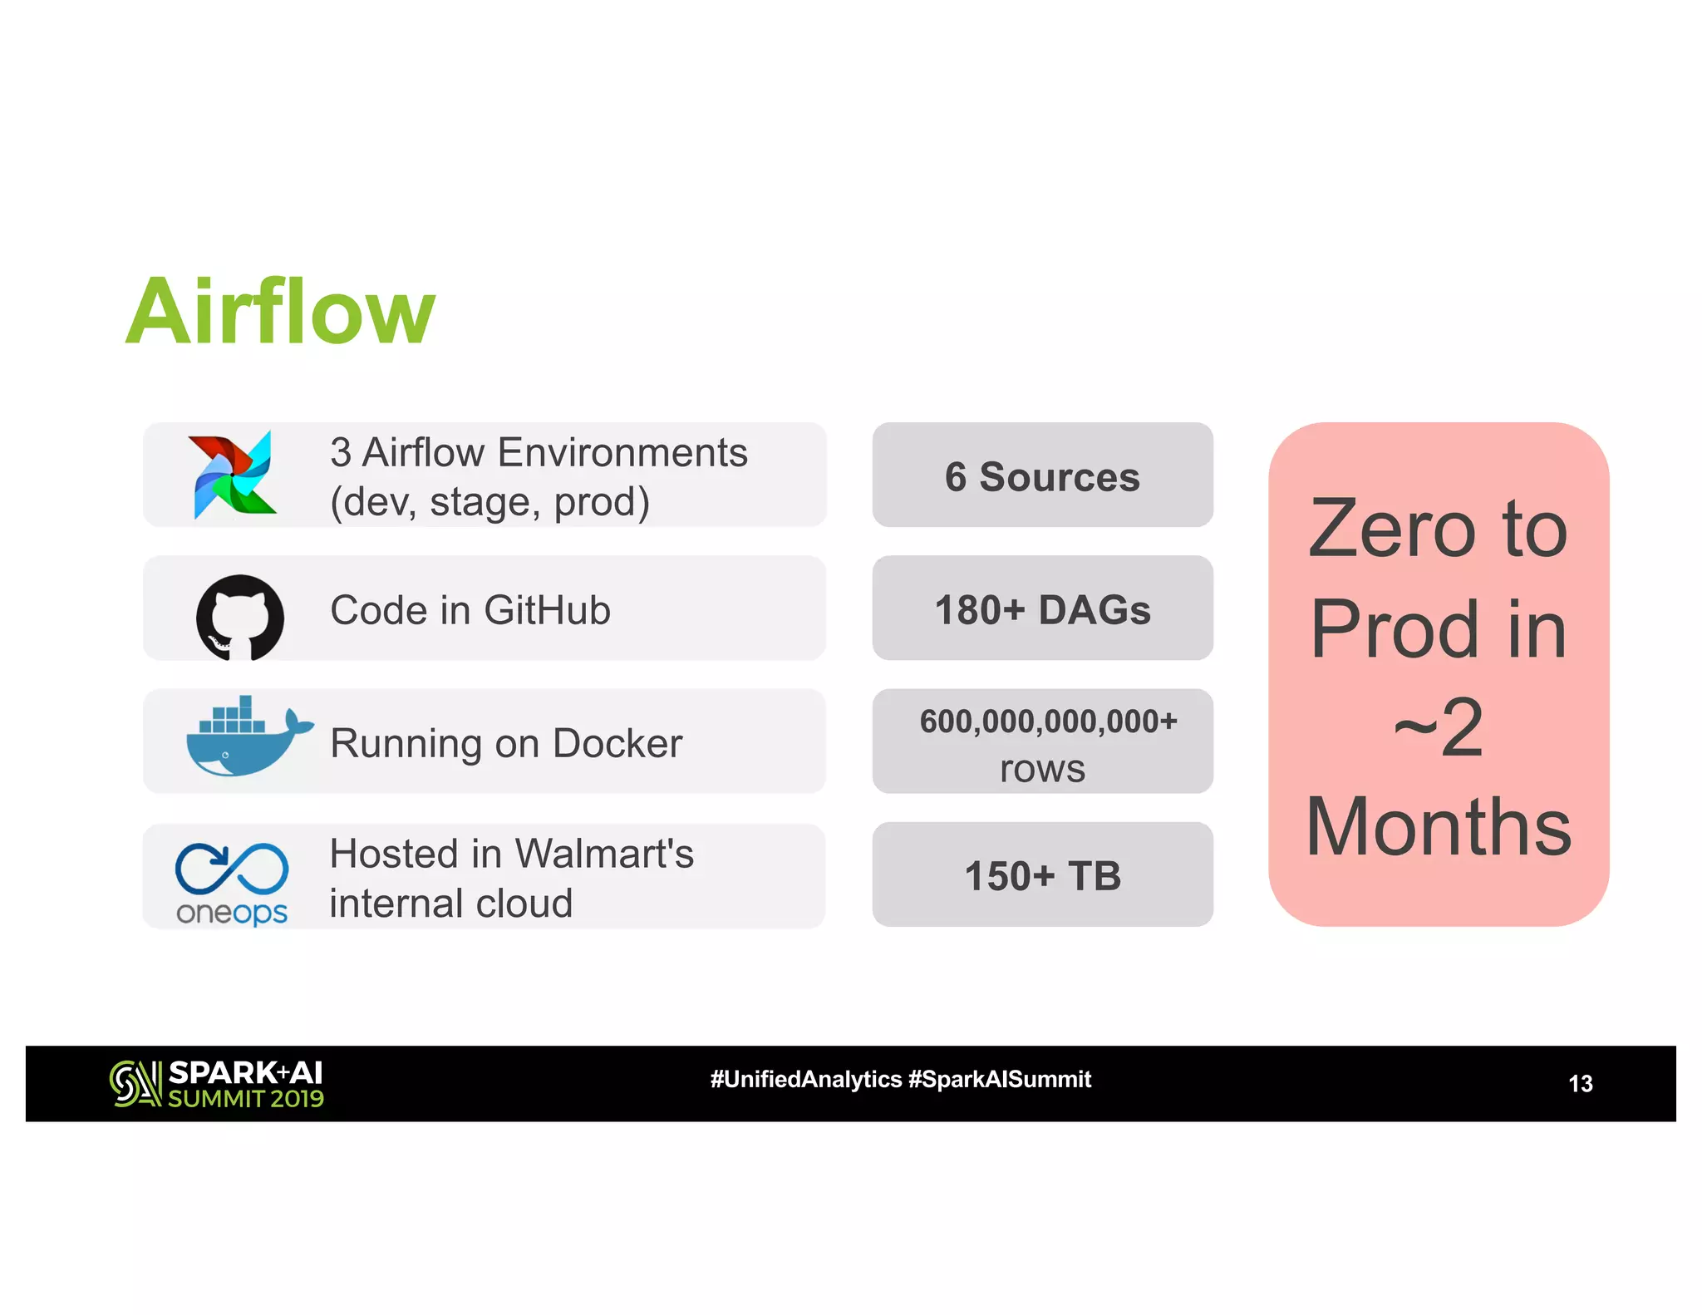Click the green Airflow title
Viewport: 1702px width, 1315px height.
point(280,312)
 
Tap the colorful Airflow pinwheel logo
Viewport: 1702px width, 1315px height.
point(234,475)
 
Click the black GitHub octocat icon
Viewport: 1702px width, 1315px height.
point(239,617)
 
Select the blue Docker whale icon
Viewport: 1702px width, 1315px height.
point(245,739)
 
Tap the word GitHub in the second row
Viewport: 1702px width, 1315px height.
point(547,610)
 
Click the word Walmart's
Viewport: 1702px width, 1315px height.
point(603,854)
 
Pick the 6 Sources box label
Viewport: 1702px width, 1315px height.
point(1042,477)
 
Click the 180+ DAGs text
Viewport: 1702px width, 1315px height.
point(1042,610)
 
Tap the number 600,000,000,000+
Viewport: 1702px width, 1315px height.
point(1048,721)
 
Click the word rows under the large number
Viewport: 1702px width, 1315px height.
point(1042,770)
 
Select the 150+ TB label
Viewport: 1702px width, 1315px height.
point(1042,876)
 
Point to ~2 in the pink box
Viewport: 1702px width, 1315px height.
point(1439,727)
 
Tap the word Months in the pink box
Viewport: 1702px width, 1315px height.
point(1439,827)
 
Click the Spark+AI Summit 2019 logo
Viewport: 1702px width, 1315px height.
point(217,1084)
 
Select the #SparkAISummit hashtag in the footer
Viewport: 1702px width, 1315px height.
point(1000,1080)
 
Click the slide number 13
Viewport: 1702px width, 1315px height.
point(1580,1084)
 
